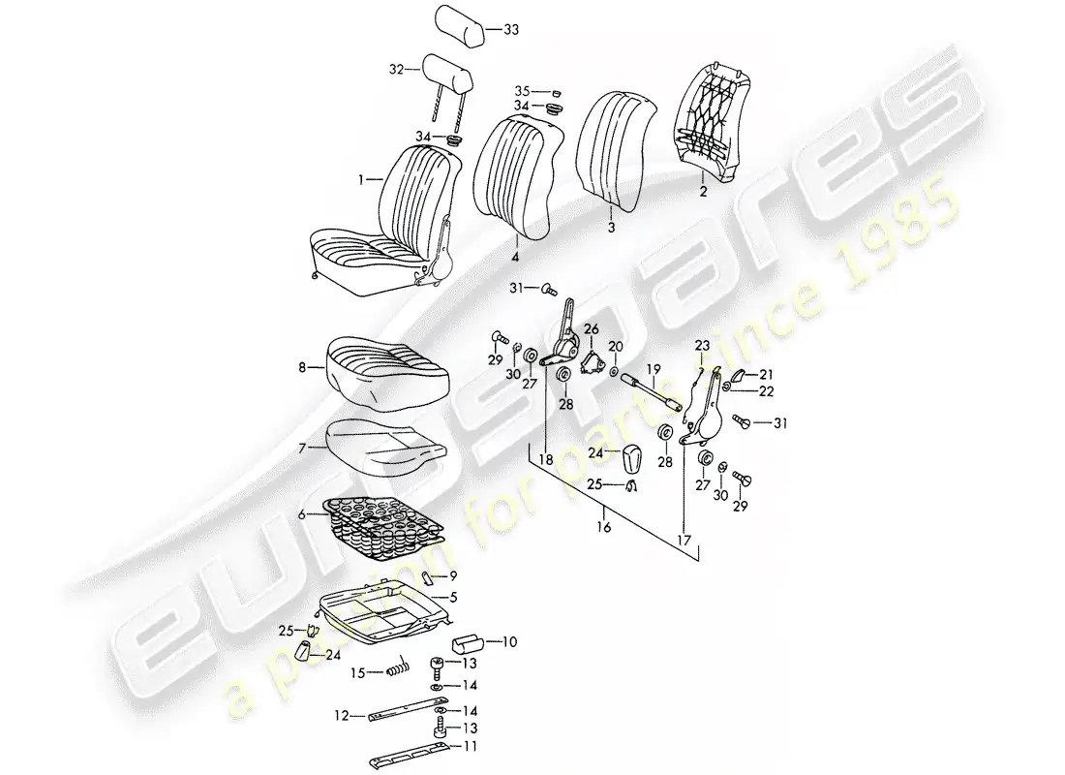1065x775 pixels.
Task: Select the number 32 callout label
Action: pyautogui.click(x=394, y=69)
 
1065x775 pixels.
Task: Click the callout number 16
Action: pyautogui.click(x=605, y=528)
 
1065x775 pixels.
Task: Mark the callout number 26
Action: pyautogui.click(x=592, y=329)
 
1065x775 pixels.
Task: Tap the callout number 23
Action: pyautogui.click(x=702, y=346)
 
